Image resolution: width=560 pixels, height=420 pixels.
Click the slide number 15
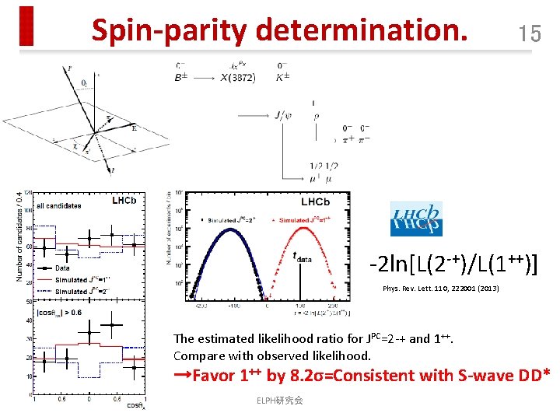pyautogui.click(x=530, y=33)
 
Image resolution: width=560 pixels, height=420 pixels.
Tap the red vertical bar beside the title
pyautogui.click(x=27, y=26)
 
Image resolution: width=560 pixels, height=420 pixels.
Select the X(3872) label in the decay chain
pyautogui.click(x=238, y=78)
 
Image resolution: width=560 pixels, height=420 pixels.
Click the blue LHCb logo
pyautogui.click(x=416, y=219)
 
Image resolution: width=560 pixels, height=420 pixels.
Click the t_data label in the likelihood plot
pyautogui.click(x=305, y=260)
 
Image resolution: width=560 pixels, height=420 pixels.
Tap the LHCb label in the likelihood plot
pyautogui.click(x=314, y=202)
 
